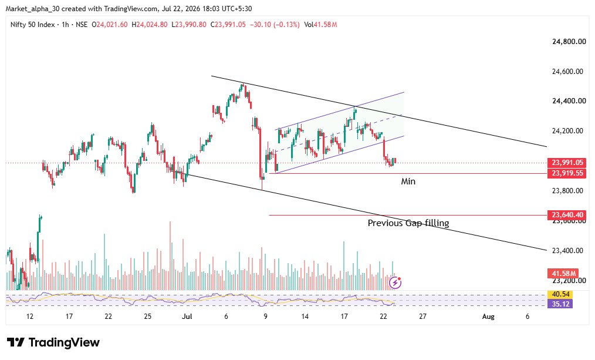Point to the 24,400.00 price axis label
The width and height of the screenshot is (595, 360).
coord(567,100)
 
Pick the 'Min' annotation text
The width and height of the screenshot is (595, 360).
coord(408,181)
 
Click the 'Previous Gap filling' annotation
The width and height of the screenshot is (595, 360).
coord(408,223)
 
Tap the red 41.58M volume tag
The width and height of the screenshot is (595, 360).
coord(563,274)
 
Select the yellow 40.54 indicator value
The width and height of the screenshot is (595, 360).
coord(560,294)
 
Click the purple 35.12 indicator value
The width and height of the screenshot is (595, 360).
coord(560,304)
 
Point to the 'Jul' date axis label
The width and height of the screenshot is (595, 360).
coord(187,317)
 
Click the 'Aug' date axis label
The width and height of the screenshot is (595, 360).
coord(488,317)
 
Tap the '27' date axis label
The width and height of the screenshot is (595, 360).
coord(422,317)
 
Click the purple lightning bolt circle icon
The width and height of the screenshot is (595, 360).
coord(395,282)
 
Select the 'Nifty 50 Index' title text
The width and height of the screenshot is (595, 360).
coord(33,25)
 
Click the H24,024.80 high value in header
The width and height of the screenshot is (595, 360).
coord(150,25)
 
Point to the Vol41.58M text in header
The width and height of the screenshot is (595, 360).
coord(320,25)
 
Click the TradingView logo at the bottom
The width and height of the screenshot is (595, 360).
coord(53,342)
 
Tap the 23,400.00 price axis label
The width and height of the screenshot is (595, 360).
coord(567,250)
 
